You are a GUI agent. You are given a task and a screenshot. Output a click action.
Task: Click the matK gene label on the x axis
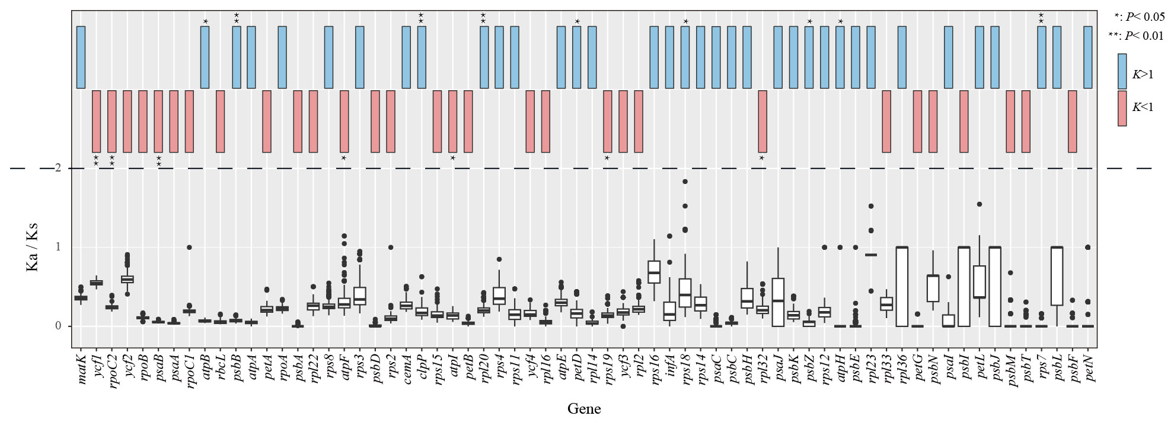point(82,368)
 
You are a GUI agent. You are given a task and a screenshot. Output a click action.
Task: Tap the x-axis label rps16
point(655,368)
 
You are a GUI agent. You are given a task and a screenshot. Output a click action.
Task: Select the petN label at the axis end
point(1088,368)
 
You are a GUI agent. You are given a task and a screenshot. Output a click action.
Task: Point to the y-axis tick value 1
point(58,247)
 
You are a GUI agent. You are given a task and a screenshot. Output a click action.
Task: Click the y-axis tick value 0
point(58,326)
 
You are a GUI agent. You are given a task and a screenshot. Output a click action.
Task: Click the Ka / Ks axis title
point(32,248)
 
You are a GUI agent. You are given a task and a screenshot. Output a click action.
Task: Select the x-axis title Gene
point(584,409)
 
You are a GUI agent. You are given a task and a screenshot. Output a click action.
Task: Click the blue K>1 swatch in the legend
point(1122,71)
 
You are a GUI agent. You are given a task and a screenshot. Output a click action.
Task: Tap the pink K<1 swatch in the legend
point(1122,108)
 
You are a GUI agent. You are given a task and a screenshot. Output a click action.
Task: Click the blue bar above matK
point(81,57)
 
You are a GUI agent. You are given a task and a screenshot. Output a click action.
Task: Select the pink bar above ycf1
point(96,121)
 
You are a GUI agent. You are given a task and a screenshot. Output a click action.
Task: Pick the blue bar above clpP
point(422,57)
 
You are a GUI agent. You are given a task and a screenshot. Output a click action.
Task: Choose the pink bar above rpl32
point(763,121)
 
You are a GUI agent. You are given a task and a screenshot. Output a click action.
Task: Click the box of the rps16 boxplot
point(654,272)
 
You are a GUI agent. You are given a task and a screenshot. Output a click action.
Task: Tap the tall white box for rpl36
point(902,286)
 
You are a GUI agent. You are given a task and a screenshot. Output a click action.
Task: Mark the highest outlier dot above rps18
point(685,182)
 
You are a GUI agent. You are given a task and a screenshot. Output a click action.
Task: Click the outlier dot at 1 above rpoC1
point(189,247)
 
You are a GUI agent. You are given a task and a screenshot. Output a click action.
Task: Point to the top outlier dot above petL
point(980,204)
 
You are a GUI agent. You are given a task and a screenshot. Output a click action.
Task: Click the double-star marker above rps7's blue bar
point(1041,18)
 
